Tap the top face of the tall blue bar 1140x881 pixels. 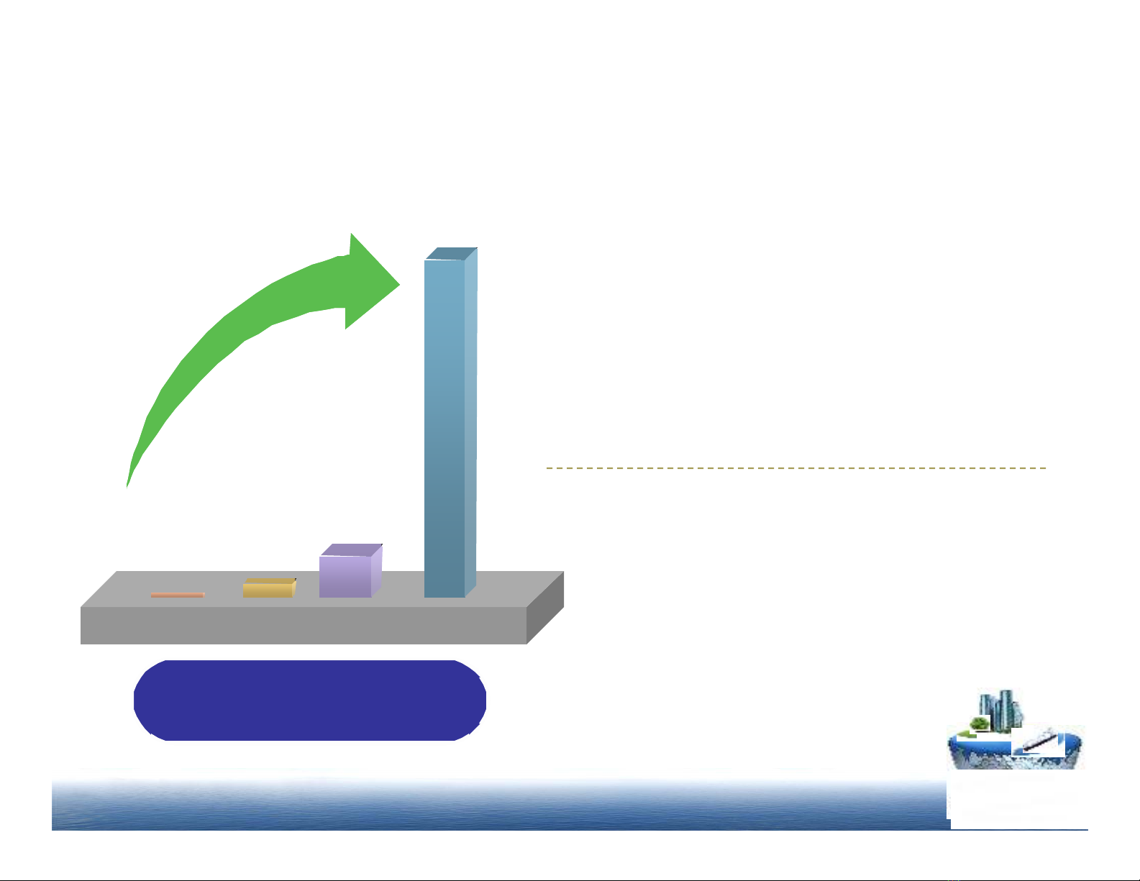(x=451, y=253)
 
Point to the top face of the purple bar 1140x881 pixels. (x=351, y=549)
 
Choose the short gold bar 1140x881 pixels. (x=268, y=590)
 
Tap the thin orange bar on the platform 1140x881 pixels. (x=178, y=595)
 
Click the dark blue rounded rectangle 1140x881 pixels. (x=310, y=700)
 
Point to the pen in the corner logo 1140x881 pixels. (x=1040, y=741)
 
